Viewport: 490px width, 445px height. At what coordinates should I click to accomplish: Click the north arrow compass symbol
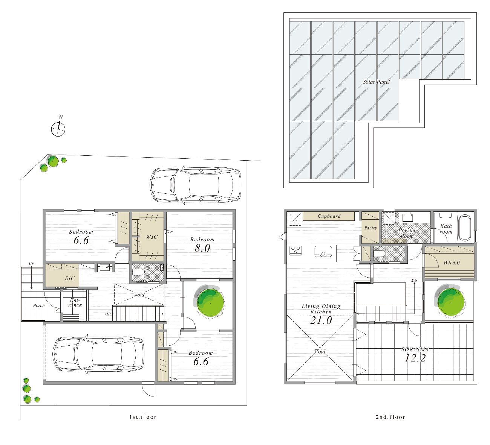point(58,128)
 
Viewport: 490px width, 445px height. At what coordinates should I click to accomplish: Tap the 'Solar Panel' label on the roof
point(376,82)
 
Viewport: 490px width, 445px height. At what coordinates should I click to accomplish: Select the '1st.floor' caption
point(143,417)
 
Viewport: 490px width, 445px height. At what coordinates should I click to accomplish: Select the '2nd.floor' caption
point(390,417)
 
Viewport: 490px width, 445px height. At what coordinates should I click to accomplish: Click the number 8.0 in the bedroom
point(202,248)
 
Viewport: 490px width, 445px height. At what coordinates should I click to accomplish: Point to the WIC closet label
point(152,237)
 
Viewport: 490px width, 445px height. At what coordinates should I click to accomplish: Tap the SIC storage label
point(70,278)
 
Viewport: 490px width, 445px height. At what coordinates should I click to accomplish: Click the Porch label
point(39,305)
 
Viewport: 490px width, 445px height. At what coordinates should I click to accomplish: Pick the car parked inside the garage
point(98,354)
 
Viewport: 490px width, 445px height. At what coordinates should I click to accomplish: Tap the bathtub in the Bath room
point(464,228)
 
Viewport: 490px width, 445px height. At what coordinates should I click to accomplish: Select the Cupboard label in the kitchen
point(329,216)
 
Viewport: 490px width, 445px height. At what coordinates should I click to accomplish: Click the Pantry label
point(371,228)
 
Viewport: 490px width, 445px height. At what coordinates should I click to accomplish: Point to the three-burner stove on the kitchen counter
point(296,250)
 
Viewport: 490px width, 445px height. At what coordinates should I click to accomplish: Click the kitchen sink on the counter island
point(323,251)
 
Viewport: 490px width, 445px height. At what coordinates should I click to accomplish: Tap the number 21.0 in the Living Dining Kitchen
point(321,320)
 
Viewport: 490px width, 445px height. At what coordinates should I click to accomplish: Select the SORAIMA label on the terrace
point(415,349)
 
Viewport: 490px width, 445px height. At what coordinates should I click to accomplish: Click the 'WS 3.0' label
point(452,263)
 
